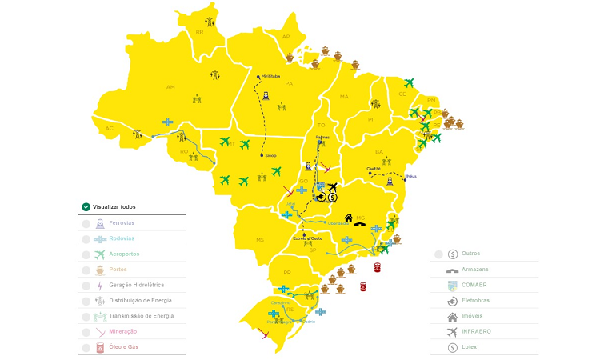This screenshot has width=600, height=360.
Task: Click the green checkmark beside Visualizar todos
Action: click(x=86, y=206)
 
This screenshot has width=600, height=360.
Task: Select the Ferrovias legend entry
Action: click(x=122, y=224)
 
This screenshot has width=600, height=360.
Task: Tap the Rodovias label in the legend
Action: click(x=122, y=239)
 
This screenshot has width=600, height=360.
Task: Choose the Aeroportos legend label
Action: click(x=124, y=254)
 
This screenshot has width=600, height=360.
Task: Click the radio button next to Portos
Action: click(x=86, y=270)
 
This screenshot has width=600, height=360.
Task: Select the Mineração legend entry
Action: click(x=122, y=331)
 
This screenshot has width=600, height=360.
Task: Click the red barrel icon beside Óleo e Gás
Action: click(x=100, y=347)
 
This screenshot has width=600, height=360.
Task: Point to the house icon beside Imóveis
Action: click(x=453, y=316)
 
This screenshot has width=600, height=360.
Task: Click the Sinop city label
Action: click(x=270, y=155)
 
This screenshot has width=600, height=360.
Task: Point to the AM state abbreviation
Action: click(x=170, y=87)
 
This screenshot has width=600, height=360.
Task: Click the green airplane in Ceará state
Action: click(x=409, y=82)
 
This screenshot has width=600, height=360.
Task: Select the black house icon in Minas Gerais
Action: click(x=349, y=217)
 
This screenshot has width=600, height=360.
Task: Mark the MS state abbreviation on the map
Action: click(x=259, y=239)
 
